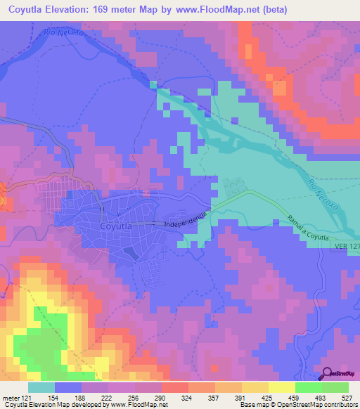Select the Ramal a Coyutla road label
click(308, 231)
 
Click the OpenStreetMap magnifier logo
click(328, 374)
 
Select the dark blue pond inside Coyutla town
click(130, 251)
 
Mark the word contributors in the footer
click(339, 405)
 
